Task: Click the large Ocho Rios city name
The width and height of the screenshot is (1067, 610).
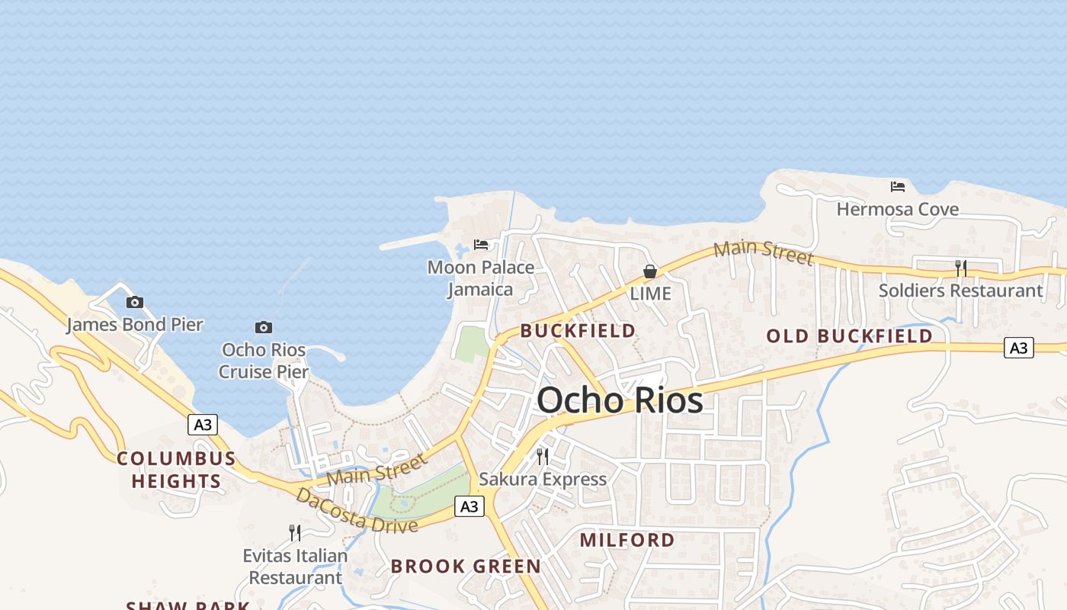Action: (x=620, y=400)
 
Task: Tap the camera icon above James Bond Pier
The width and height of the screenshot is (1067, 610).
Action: (x=135, y=302)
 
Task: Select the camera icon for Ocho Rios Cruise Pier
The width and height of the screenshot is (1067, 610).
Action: (x=264, y=327)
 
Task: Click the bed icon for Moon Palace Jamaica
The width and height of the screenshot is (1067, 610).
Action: (x=481, y=245)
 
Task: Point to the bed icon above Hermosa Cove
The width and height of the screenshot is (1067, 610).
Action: (x=898, y=186)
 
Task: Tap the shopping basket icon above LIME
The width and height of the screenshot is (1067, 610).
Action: (x=650, y=271)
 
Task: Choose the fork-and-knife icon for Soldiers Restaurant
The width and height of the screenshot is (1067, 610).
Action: (x=961, y=268)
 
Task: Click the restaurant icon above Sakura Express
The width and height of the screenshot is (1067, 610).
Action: (x=543, y=456)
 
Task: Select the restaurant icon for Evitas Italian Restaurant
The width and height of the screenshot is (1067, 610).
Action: (x=295, y=532)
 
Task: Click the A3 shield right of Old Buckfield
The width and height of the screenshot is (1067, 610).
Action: (x=1018, y=348)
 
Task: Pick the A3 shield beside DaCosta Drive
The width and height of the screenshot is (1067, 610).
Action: (x=469, y=506)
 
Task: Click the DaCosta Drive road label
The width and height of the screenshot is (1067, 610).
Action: (x=356, y=510)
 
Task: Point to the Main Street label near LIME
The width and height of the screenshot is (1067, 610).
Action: (x=763, y=252)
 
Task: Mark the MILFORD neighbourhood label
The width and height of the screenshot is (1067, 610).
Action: (x=627, y=540)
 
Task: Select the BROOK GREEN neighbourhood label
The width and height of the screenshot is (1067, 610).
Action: (x=466, y=567)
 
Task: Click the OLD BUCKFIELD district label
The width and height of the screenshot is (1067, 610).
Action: (x=849, y=336)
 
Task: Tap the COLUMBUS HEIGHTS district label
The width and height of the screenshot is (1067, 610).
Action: (x=176, y=470)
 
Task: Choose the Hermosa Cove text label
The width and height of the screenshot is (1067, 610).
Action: (x=898, y=209)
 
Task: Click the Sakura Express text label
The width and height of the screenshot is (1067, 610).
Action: (x=543, y=479)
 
